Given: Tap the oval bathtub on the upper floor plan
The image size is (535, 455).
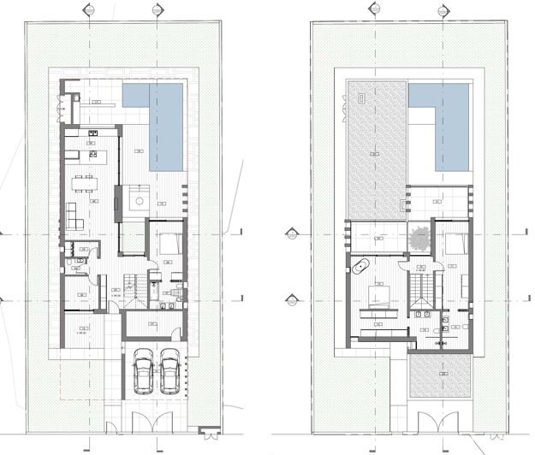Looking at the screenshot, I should (x=360, y=267).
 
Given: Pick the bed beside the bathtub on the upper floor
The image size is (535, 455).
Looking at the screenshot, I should (x=377, y=296).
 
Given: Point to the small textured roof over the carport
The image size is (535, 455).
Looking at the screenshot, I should (x=438, y=375).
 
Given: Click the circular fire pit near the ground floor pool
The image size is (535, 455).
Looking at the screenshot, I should (x=137, y=201).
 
